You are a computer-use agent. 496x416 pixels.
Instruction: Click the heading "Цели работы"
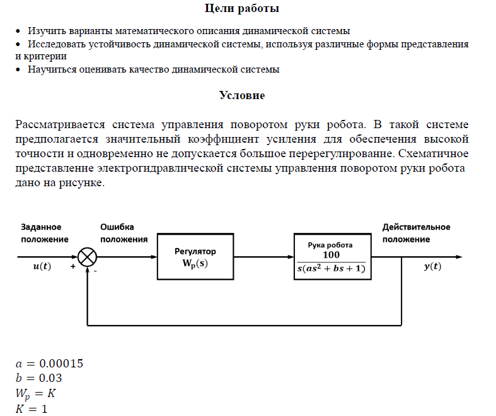242,9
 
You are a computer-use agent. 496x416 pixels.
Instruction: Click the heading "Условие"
242,95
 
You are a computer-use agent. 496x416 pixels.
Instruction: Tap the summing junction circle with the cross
87,257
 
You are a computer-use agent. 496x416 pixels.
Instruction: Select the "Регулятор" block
195,256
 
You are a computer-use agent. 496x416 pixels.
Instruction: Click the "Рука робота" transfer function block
330,256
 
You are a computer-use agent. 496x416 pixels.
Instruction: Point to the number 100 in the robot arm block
331,255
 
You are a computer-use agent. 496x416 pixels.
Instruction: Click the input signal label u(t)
42,266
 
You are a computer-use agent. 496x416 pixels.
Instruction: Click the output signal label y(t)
432,266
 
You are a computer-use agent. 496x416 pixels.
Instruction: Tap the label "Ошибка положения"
124,233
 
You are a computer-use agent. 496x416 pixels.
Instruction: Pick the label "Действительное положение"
416,233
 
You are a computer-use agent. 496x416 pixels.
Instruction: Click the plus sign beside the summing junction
72,267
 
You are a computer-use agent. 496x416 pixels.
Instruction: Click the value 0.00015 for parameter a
61,364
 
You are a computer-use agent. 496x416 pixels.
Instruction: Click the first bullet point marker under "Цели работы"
18,31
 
